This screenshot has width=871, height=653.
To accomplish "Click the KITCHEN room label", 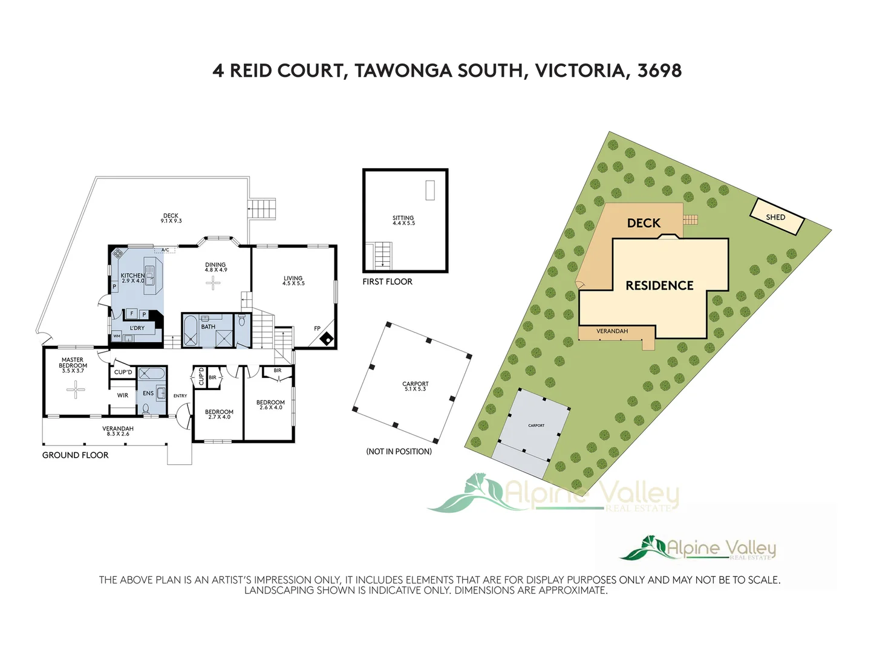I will click(x=132, y=278).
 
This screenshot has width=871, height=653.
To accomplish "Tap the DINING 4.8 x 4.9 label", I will click(x=215, y=267).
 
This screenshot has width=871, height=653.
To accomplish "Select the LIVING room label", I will click(x=293, y=281).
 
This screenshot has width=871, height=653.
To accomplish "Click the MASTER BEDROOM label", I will click(x=73, y=365).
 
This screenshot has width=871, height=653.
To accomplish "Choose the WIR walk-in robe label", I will click(x=123, y=395).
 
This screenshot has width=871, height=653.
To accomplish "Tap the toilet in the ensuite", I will click(x=146, y=409).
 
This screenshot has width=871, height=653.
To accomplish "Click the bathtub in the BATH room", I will click(x=191, y=330).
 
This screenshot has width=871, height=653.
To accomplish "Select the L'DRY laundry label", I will click(x=137, y=328).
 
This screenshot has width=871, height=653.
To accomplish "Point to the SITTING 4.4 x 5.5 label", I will click(x=403, y=220).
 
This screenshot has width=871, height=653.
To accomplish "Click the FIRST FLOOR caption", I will click(x=387, y=282).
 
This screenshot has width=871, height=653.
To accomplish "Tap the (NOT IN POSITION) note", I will click(x=399, y=452).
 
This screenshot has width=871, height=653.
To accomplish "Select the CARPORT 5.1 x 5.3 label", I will click(x=416, y=386).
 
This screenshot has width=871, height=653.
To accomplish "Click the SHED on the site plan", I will click(x=777, y=217).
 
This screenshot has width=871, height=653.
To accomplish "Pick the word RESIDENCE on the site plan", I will click(x=659, y=285).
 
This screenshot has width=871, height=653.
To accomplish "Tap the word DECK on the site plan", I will click(x=644, y=223).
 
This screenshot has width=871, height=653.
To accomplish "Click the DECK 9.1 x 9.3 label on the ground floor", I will click(x=171, y=218).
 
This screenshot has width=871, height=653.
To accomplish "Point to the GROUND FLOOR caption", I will click(x=75, y=455).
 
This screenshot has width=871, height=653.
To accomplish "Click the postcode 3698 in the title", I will click(x=659, y=71).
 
